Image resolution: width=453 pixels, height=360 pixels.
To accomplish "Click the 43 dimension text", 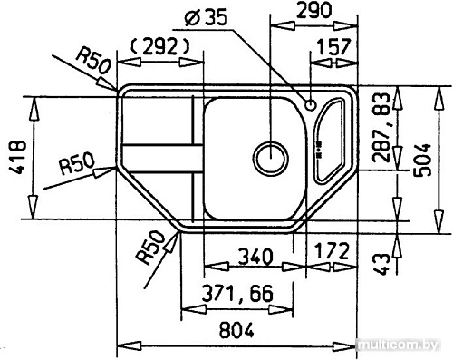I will click(x=383, y=263).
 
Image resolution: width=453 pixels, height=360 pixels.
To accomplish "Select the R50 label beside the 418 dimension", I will click(x=79, y=166).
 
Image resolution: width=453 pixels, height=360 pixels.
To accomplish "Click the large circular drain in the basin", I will click(x=269, y=159).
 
